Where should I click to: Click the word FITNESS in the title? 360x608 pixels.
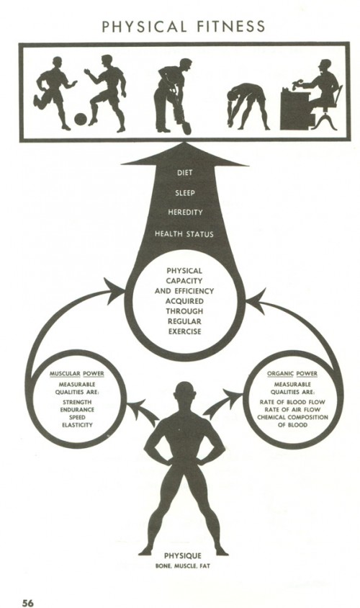[231, 27]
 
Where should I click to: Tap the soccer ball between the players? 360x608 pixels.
[81, 119]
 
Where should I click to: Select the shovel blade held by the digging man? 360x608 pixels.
[186, 128]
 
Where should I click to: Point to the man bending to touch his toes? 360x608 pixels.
[247, 105]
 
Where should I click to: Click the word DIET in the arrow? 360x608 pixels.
[184, 173]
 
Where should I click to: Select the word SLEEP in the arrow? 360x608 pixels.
[185, 193]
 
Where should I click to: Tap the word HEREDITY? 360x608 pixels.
[185, 213]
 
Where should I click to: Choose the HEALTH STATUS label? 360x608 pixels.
[184, 234]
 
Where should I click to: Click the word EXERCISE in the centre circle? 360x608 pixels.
[184, 331]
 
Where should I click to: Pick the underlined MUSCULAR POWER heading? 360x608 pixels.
[77, 374]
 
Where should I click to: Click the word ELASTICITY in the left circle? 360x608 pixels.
[77, 425]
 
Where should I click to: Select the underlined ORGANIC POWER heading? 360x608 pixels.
[292, 374]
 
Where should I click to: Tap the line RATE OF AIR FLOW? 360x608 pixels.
[292, 409]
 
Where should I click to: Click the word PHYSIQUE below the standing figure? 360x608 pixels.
[182, 555]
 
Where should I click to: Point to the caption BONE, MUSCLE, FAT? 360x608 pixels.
[182, 566]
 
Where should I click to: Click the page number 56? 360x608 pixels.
[27, 602]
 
